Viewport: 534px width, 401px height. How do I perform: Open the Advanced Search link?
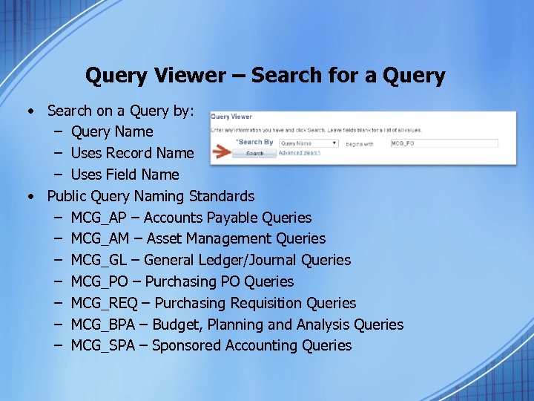tap(299, 153)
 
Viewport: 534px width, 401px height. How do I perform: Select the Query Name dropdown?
tap(309, 143)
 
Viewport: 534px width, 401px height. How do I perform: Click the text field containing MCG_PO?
tap(444, 143)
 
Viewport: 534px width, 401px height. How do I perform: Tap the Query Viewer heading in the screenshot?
tap(232, 117)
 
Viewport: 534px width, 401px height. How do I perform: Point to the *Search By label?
tap(254, 142)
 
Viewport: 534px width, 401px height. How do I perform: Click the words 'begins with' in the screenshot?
tap(360, 143)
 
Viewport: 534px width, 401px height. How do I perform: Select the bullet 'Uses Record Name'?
tap(132, 153)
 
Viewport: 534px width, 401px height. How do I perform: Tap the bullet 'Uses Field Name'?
tap(125, 175)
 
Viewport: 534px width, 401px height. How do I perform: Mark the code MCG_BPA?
tap(105, 325)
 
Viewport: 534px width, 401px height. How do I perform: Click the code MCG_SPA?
tap(105, 345)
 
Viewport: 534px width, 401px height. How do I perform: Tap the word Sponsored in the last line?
tap(186, 345)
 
